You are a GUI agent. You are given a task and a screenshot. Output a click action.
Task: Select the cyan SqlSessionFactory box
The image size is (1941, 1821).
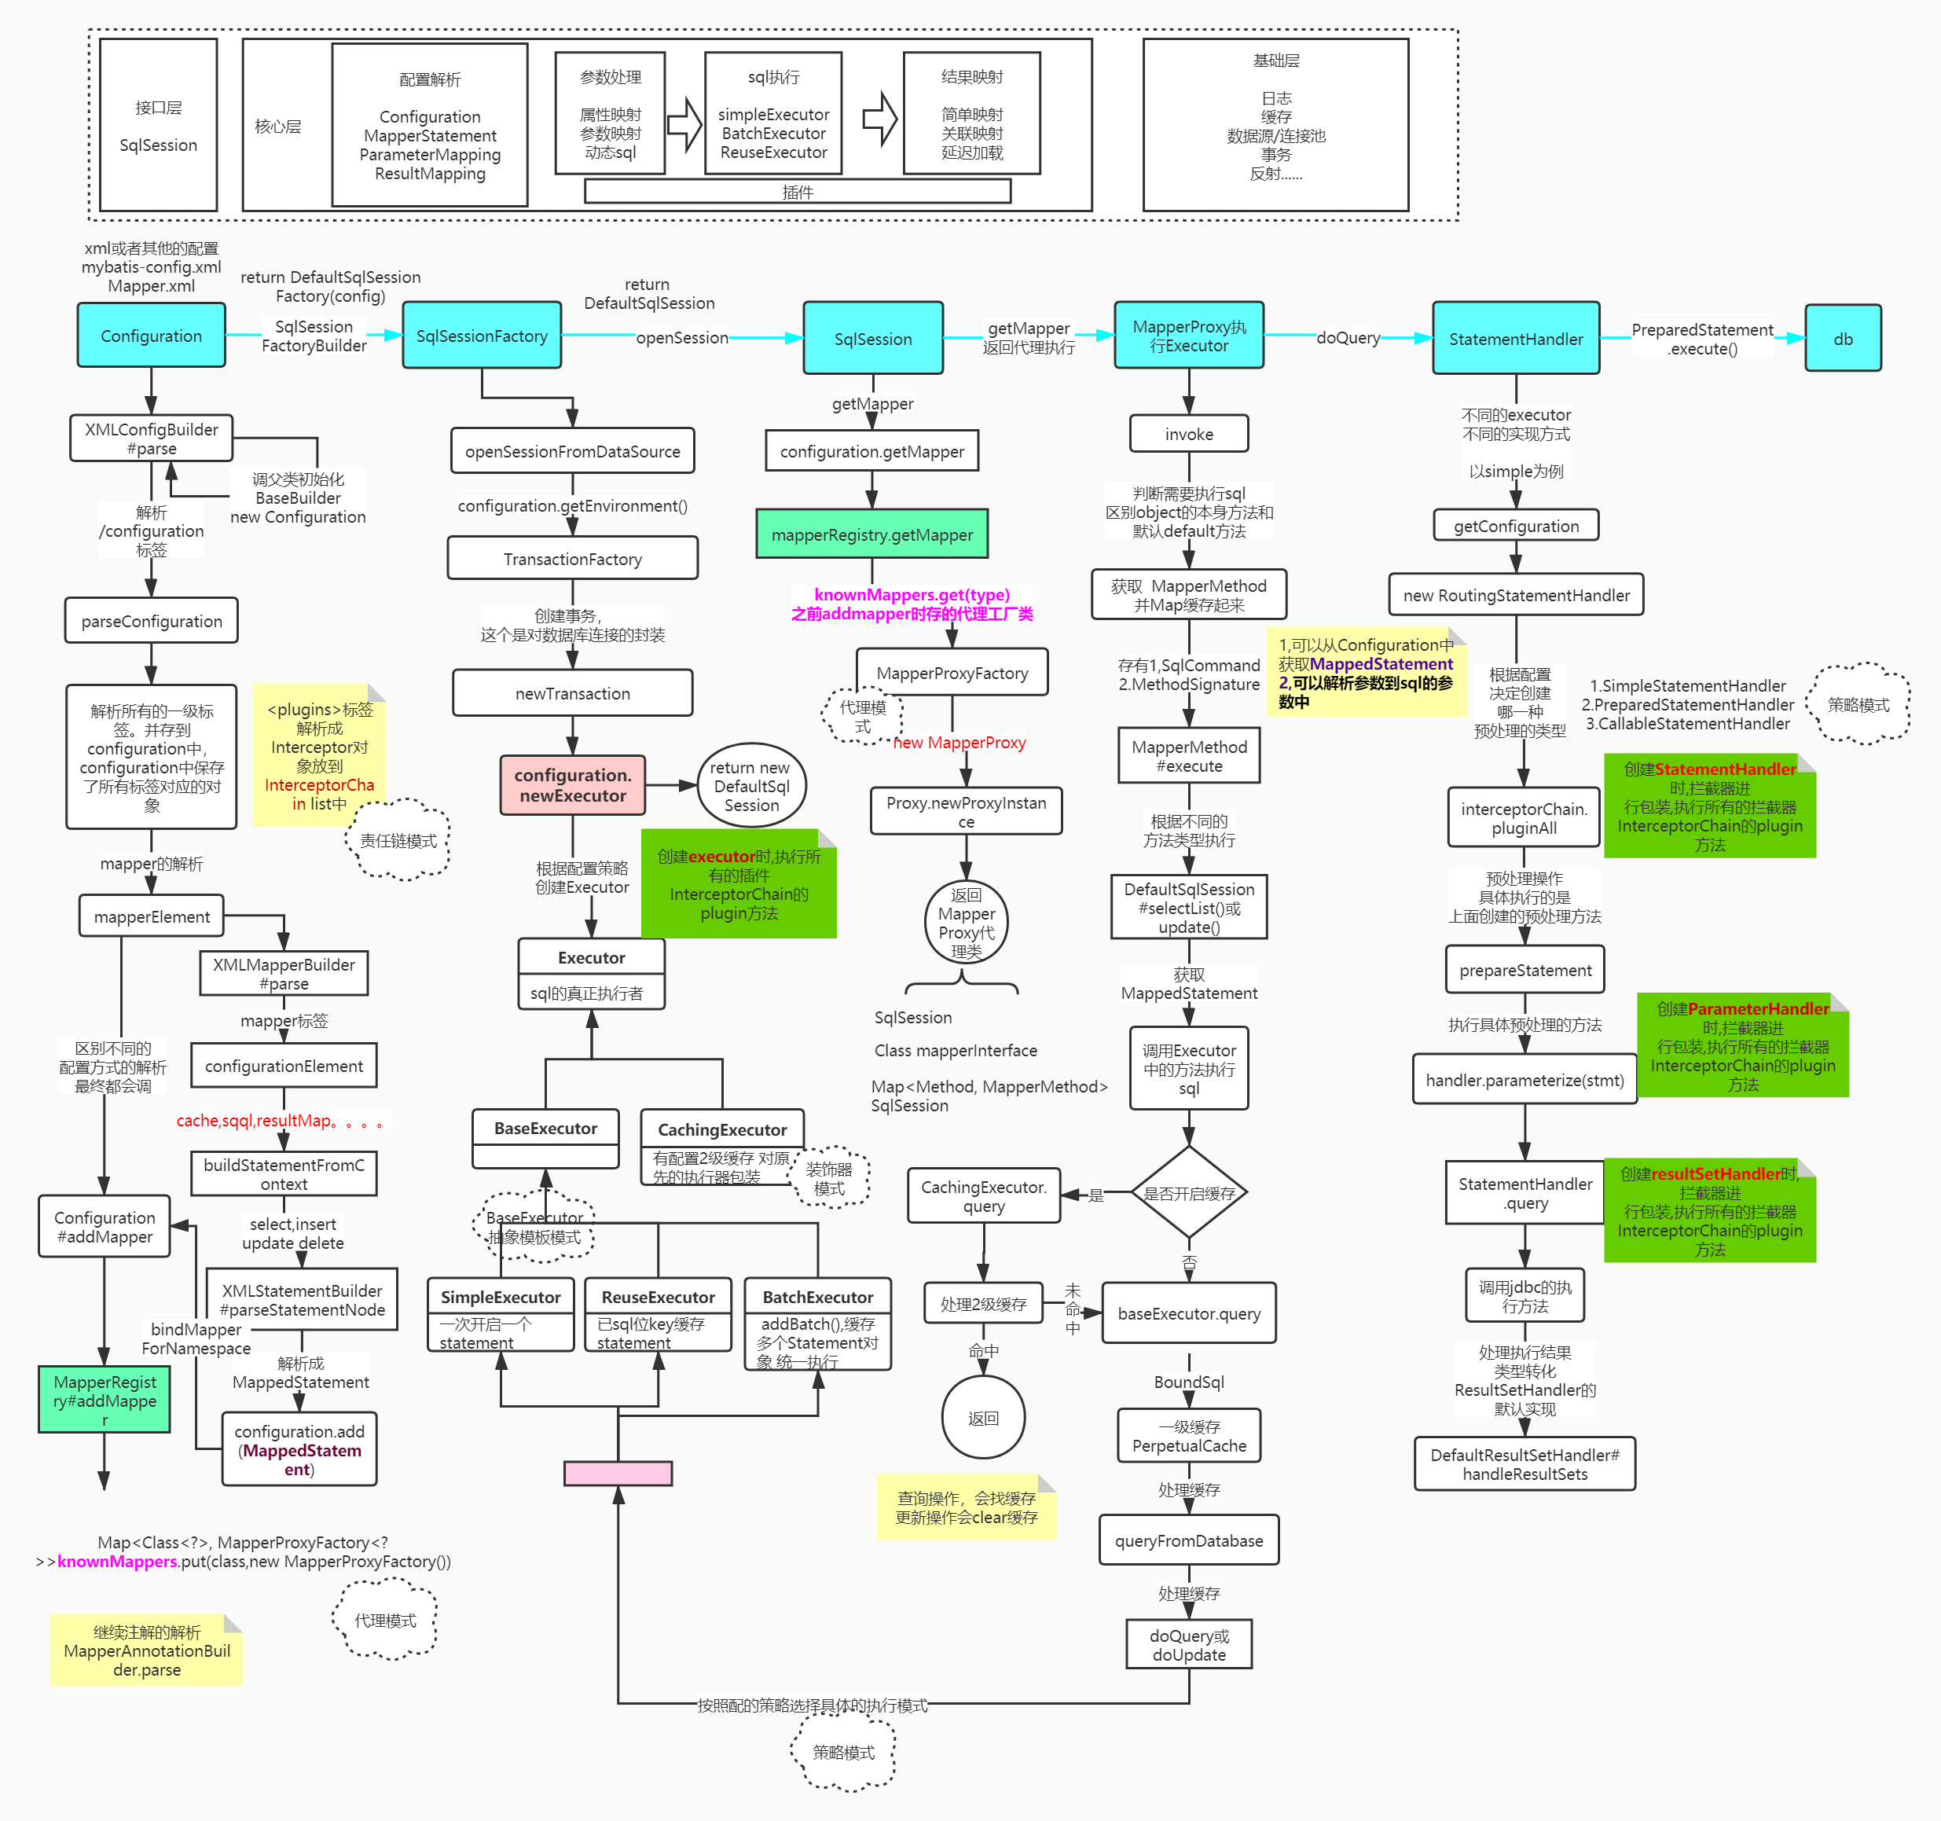point(482,336)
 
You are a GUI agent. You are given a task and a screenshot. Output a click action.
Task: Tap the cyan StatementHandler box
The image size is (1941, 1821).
point(1515,339)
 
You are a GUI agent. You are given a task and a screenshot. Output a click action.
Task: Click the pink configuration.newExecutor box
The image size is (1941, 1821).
point(572,785)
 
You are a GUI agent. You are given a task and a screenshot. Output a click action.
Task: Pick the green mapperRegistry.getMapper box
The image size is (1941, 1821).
point(872,534)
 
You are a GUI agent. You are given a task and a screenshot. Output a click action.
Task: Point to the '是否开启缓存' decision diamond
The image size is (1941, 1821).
point(1188,1193)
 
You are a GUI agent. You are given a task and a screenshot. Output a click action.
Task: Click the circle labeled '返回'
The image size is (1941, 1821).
point(983,1418)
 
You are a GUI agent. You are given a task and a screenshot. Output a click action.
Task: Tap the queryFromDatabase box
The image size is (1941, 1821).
point(1188,1540)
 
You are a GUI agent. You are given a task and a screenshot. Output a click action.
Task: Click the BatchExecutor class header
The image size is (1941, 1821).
point(817,1297)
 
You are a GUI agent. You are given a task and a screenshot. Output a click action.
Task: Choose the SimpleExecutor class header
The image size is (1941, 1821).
point(500,1297)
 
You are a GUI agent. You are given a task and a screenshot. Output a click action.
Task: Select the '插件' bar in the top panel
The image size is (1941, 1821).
point(797,193)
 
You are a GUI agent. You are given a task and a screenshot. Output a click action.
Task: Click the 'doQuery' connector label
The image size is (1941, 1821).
point(1348,338)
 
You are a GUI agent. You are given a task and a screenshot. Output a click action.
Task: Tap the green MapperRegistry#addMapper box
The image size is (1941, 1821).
point(105,1399)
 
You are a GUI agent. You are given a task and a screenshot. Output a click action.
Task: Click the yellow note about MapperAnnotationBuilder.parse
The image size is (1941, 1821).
point(146,1650)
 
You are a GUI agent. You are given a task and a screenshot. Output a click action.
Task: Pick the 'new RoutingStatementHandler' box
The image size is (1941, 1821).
point(1515,595)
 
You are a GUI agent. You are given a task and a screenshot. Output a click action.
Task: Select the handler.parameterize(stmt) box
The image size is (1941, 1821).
point(1524,1080)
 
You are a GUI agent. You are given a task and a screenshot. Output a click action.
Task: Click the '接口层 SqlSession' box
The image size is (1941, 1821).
point(158,126)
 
